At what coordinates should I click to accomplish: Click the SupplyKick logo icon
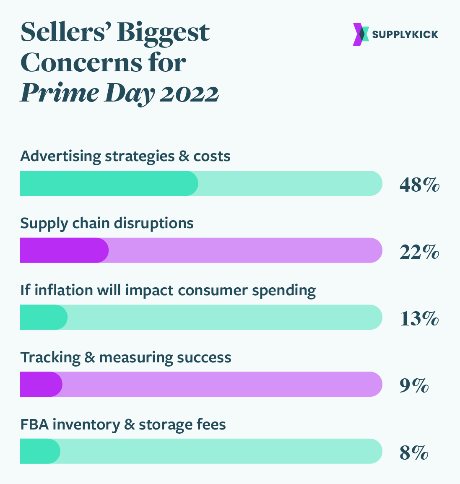coord(361,34)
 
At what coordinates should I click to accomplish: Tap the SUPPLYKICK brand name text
coord(405,34)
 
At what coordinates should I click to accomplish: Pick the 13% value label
coord(419,319)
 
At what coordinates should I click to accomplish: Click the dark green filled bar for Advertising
coord(109,183)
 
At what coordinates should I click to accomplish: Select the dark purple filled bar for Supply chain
coord(64,250)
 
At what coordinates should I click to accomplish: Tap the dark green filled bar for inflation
coord(44,317)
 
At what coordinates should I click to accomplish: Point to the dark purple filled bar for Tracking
coord(41,384)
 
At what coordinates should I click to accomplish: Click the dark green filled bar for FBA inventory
coord(40,451)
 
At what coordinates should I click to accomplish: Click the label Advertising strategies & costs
coord(125,156)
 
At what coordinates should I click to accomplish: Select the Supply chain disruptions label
coord(107,223)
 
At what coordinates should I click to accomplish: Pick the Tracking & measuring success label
coord(126,357)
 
